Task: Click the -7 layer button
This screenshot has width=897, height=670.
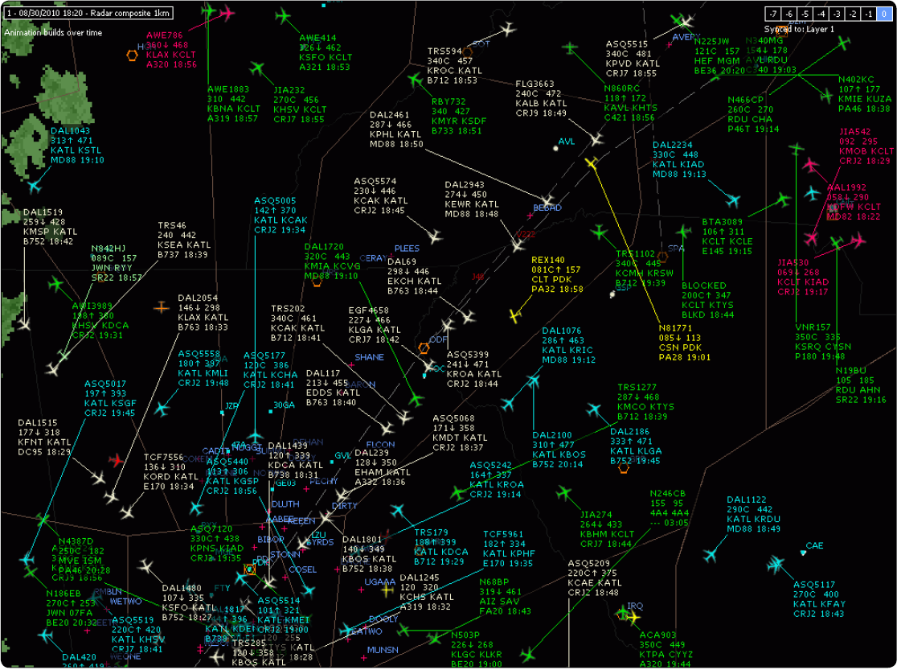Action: (x=772, y=14)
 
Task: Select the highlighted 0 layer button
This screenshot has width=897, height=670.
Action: (x=884, y=14)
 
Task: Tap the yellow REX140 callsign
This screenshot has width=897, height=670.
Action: (x=548, y=260)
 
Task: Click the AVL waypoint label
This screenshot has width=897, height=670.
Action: (x=567, y=142)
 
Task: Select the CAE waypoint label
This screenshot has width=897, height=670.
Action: (x=814, y=546)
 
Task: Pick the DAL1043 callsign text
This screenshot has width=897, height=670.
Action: (x=70, y=130)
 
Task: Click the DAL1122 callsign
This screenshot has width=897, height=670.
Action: (x=747, y=499)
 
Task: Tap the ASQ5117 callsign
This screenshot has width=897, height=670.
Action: (x=814, y=585)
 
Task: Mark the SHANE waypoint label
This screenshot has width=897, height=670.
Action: (x=369, y=357)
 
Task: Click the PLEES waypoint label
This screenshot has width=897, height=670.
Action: (x=407, y=249)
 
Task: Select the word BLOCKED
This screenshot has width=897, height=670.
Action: (x=703, y=286)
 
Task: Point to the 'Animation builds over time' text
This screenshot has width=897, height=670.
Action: (x=53, y=32)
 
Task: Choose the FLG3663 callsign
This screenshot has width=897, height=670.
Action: (x=535, y=84)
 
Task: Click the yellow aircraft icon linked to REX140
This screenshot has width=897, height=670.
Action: (x=516, y=315)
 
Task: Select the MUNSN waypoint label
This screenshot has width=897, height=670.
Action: (x=382, y=650)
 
